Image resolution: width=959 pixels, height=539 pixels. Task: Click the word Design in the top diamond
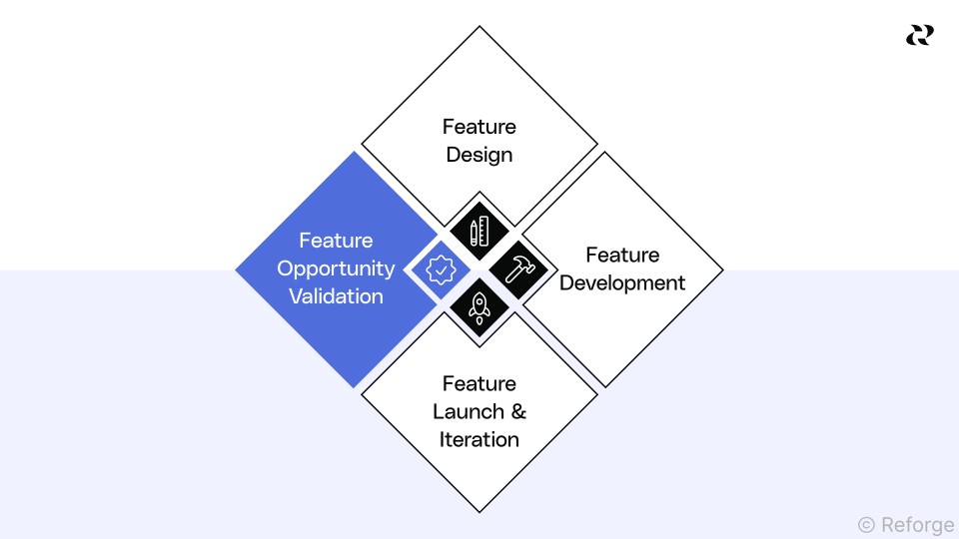[x=479, y=155]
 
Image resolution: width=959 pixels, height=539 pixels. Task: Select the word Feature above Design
[x=479, y=127]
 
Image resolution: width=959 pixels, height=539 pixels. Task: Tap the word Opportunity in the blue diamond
[x=336, y=269]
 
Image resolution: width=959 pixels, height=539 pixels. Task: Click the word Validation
[x=336, y=296]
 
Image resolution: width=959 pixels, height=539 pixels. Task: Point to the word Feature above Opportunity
[x=336, y=241]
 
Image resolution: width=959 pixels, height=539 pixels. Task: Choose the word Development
[x=622, y=282]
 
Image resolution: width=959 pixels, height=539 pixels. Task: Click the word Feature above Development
[x=622, y=255]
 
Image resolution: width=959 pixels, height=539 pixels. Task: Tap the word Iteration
[x=479, y=439]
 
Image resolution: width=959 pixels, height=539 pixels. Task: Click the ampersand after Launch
[x=517, y=411]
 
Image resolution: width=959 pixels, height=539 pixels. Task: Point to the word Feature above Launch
[x=479, y=383]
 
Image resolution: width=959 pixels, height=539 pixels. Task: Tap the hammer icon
[x=519, y=269]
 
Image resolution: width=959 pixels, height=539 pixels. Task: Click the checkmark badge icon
[x=441, y=269]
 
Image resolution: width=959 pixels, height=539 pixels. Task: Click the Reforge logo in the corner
[x=919, y=35]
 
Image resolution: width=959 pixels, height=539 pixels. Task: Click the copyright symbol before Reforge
[x=866, y=523]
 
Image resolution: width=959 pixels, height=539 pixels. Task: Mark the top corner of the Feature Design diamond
[x=479, y=26]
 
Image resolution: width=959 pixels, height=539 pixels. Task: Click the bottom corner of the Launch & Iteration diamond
[x=479, y=512]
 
